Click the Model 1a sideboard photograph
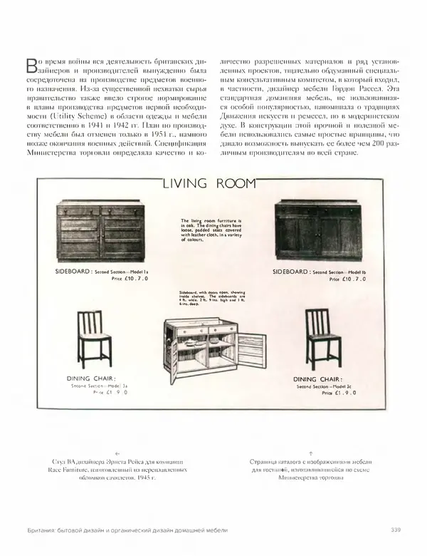tap(103, 233)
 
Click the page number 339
tap(397, 528)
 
